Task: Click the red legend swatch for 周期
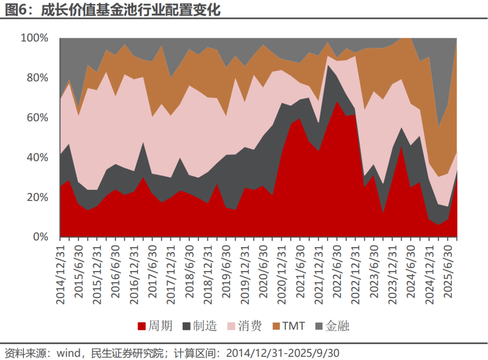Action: click(141, 326)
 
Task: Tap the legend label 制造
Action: click(205, 326)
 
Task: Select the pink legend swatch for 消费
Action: click(231, 326)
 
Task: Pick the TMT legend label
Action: click(294, 326)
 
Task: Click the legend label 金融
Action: click(337, 326)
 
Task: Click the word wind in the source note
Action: click(68, 352)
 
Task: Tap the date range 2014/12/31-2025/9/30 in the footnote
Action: click(282, 352)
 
